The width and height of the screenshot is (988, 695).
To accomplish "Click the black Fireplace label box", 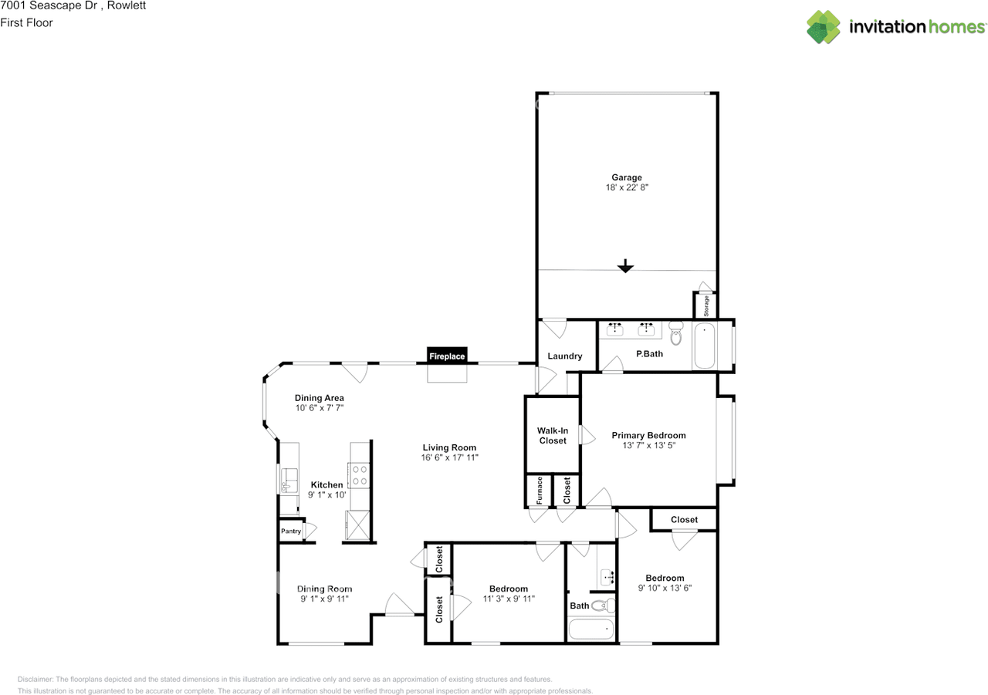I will coord(448,356).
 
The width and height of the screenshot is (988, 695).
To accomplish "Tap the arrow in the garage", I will coord(625,266).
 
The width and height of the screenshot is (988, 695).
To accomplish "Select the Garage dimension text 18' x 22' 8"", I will coord(627,187).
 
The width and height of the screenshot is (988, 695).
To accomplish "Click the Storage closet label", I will coord(705,306).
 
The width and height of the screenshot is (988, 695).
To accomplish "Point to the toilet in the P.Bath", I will coord(676,334).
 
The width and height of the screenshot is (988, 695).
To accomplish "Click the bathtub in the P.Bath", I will coord(704,346).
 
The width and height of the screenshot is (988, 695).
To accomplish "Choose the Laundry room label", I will coord(564,356).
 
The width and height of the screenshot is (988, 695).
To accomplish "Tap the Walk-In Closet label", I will coord(552,436).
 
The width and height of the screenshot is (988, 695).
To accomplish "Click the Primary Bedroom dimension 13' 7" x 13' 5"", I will coord(648,446).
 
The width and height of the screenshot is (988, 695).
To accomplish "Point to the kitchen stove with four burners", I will coord(359,474).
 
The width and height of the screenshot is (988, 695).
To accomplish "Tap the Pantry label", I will coord(291,531).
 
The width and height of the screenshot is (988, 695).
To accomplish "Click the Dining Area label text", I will coord(319,398).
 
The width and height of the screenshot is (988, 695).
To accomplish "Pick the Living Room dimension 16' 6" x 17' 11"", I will coord(449,457).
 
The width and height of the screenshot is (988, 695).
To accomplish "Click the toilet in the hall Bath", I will coord(606,606).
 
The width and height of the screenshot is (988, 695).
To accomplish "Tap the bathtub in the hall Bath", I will coord(591,630).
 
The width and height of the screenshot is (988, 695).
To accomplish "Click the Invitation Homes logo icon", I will coord(824,27).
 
